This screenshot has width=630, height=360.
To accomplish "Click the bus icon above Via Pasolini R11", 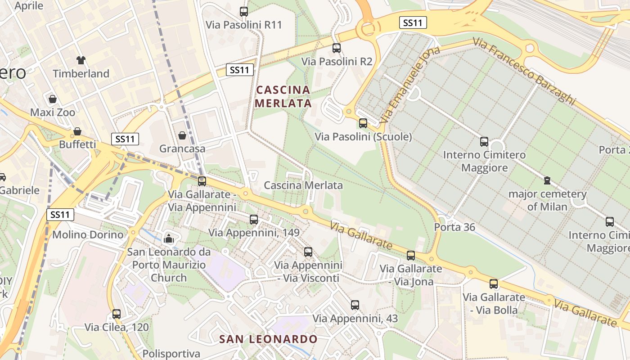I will pyautogui.click(x=244, y=12).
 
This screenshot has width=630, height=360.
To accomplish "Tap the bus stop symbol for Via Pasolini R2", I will pyautogui.click(x=337, y=48).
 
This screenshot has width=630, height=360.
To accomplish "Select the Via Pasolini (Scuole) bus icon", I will pyautogui.click(x=363, y=123).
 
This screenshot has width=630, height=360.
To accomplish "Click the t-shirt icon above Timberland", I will pyautogui.click(x=81, y=60).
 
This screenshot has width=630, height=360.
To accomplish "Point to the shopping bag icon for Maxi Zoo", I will pyautogui.click(x=53, y=99).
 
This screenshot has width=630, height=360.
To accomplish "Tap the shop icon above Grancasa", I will pyautogui.click(x=182, y=135).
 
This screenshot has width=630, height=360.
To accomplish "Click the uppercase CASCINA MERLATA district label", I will pyautogui.click(x=283, y=96).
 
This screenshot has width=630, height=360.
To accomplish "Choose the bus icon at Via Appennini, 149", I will pyautogui.click(x=254, y=220).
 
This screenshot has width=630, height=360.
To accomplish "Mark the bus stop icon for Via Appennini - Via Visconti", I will pyautogui.click(x=308, y=252).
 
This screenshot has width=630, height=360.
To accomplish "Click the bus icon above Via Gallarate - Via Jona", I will pyautogui.click(x=411, y=256).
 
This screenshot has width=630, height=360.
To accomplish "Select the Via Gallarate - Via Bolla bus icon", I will pyautogui.click(x=494, y=284).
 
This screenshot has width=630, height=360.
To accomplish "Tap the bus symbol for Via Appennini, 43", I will pyautogui.click(x=355, y=305).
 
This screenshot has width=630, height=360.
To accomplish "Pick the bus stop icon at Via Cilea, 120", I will pyautogui.click(x=117, y=314).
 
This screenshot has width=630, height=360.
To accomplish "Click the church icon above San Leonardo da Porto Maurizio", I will pyautogui.click(x=169, y=238).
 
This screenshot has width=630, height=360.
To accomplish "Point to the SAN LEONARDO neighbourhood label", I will pyautogui.click(x=268, y=339).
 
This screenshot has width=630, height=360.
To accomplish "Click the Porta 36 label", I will pyautogui.click(x=454, y=227).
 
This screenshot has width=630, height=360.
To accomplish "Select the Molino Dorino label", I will pyautogui.click(x=88, y=234).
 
